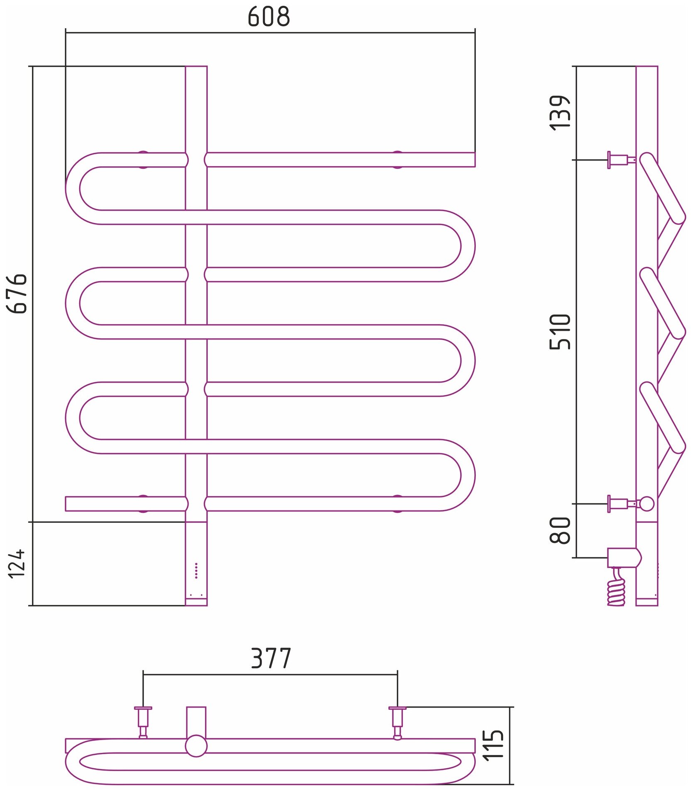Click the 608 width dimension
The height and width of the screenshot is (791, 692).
click(269, 17)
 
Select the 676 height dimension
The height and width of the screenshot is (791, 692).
click(17, 293)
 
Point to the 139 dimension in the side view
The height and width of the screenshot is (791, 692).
click(560, 113)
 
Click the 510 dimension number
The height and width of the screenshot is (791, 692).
click(560, 332)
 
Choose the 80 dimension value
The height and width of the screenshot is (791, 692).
click(560, 530)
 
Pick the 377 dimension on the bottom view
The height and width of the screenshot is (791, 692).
click(271, 658)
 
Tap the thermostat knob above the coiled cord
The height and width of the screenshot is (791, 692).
click(624, 558)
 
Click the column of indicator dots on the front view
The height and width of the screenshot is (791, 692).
click(196, 570)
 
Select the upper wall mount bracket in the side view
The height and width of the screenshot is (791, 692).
click(620, 160)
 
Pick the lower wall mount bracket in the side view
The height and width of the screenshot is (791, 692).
click(620, 504)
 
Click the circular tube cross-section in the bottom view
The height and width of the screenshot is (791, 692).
click(196, 746)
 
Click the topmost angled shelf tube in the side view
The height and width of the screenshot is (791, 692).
click(662, 189)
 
